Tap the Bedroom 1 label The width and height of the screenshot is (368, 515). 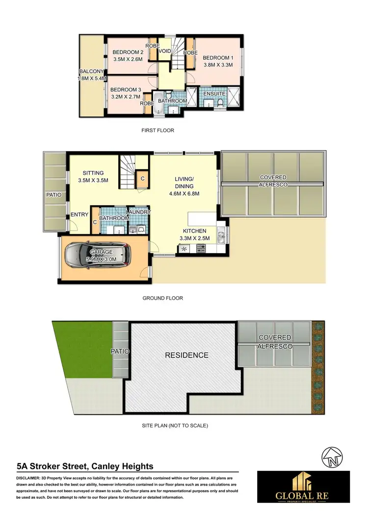219,57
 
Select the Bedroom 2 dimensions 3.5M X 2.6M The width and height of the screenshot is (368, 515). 128,59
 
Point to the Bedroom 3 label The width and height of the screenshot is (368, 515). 126,90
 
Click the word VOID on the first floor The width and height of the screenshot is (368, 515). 165,50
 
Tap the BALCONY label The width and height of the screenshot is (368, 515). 92,71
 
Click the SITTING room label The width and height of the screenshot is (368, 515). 93,173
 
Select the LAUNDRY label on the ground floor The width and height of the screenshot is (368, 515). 138,212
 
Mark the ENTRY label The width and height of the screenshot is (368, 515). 79,214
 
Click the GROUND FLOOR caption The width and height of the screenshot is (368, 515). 162,298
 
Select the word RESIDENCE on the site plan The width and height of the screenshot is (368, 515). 186,355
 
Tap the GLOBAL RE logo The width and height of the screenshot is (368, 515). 303,487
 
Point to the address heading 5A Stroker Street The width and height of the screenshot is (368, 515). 85,467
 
